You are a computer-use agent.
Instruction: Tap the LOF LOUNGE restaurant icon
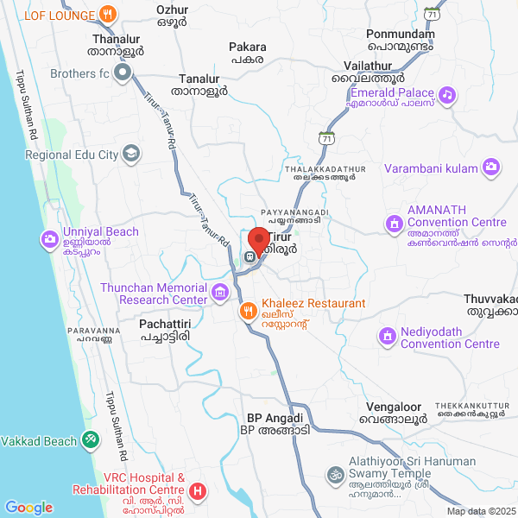pos(107,14)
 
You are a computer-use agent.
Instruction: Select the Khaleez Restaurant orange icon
pos(247,309)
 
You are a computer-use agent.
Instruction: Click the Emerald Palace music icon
pos(447,93)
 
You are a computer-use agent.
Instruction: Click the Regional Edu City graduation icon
pos(130,155)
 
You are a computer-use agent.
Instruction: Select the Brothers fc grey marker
pos(123,73)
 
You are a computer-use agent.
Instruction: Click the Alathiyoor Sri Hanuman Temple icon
pos(334,474)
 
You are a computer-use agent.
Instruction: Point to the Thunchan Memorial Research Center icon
pos(220,293)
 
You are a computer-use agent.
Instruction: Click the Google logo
pos(29,509)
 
